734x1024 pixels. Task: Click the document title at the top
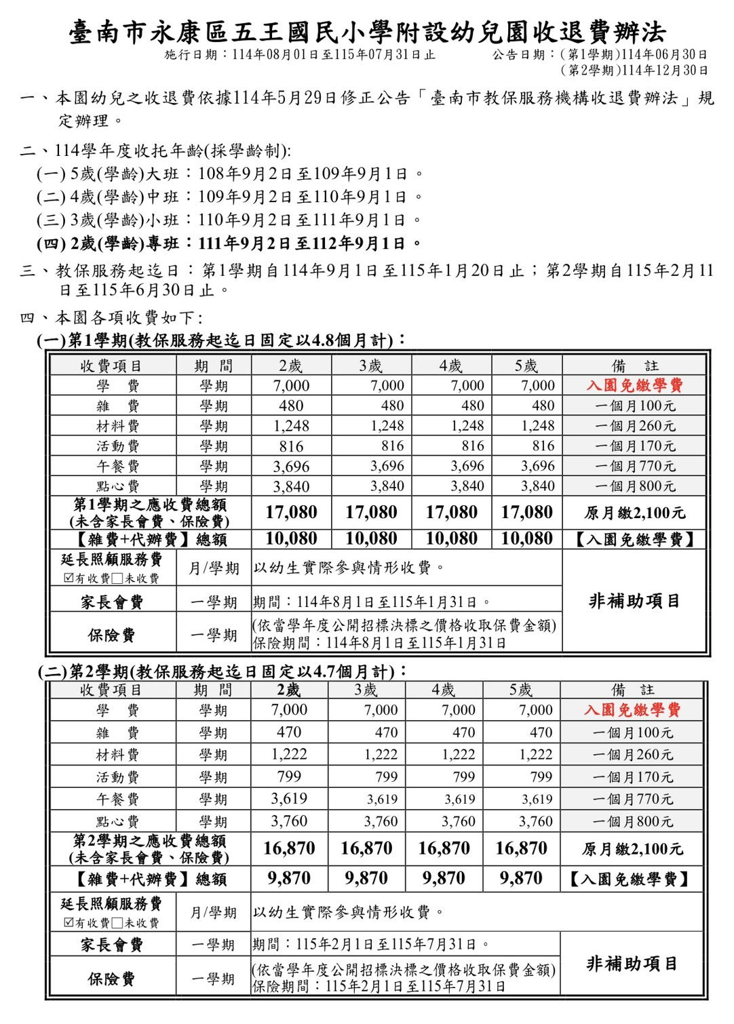[x=367, y=32]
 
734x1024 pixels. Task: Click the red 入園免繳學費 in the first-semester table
[x=634, y=385]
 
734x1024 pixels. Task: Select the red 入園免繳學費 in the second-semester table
[x=632, y=709]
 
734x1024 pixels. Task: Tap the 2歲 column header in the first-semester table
[x=291, y=366]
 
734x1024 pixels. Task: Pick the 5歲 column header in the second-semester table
[x=521, y=690]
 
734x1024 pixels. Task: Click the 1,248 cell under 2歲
[x=291, y=426]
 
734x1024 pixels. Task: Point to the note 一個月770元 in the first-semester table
[x=635, y=466]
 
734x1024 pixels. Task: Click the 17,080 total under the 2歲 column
[x=291, y=512]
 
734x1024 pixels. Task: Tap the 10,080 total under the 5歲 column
[x=526, y=539]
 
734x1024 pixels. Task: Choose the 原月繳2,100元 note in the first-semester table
[x=634, y=513]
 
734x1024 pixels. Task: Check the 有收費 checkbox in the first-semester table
[x=69, y=578]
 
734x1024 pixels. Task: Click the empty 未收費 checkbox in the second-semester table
[x=117, y=923]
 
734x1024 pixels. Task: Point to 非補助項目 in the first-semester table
[x=634, y=601]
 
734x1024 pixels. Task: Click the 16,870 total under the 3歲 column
[x=366, y=848]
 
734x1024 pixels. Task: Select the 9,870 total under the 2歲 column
[x=289, y=879]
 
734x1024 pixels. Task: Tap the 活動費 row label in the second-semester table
[x=117, y=777]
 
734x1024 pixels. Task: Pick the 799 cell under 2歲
[x=289, y=776]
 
